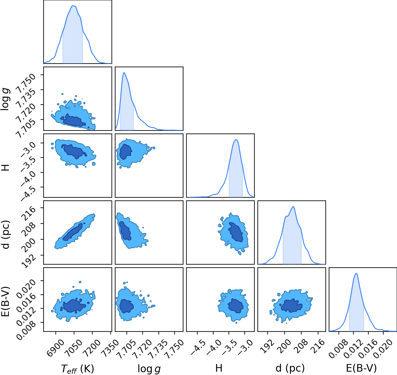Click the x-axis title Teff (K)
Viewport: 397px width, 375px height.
pyautogui.click(x=78, y=369)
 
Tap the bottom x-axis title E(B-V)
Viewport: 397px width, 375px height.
pyautogui.click(x=361, y=368)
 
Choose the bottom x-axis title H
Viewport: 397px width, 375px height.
pyautogui.click(x=219, y=368)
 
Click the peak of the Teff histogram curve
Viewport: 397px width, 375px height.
pyautogui.click(x=73, y=6)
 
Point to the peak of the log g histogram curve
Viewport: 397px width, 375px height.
pyautogui.click(x=124, y=73)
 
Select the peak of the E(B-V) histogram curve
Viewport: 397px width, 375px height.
pyautogui.click(x=356, y=273)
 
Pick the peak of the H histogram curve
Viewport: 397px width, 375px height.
pyautogui.click(x=236, y=140)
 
